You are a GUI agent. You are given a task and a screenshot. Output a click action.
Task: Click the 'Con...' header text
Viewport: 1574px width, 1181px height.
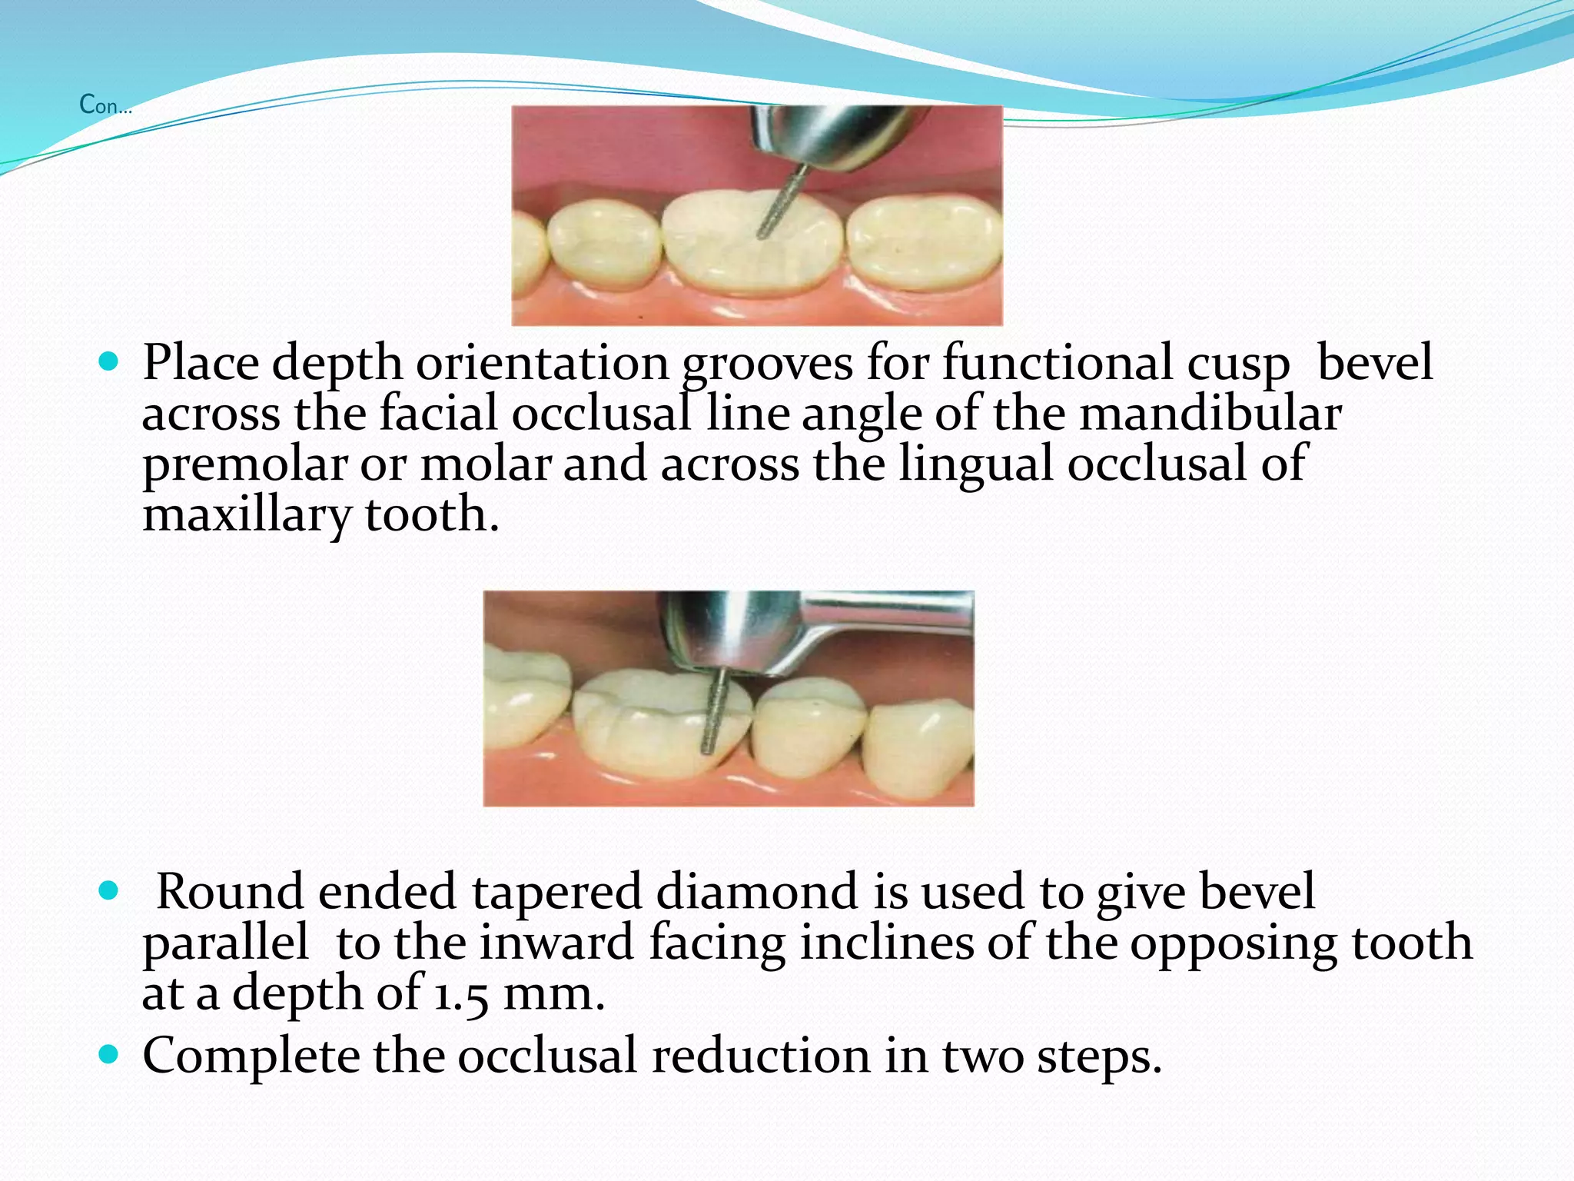point(105,105)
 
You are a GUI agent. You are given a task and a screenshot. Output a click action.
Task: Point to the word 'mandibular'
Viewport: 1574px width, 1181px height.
point(1210,413)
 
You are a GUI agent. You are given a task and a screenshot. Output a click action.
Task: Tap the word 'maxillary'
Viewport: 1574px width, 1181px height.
point(247,514)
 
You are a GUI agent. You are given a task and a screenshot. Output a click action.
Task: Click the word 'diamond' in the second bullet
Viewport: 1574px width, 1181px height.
point(756,891)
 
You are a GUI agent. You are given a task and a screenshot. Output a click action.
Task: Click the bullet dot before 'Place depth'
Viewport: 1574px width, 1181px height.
point(110,361)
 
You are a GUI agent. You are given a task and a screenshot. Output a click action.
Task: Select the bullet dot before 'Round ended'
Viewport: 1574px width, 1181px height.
point(110,891)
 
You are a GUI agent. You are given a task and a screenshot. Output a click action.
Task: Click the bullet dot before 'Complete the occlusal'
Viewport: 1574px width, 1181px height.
point(110,1054)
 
